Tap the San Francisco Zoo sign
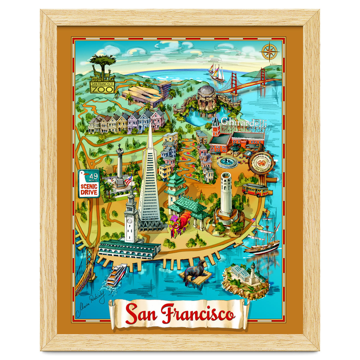tap(102, 87)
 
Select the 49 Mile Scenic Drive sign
tap(89, 184)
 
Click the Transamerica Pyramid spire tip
tap(150, 126)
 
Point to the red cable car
tap(255, 190)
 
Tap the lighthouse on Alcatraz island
tap(253, 273)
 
